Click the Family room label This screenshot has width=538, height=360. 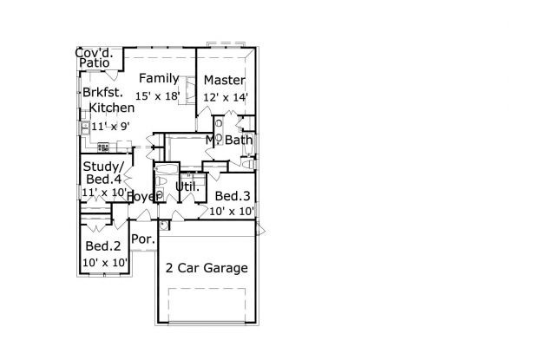(159, 79)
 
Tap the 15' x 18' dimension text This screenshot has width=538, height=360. (157, 96)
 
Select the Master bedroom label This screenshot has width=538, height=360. (225, 80)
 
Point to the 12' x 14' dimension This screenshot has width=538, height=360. (226, 97)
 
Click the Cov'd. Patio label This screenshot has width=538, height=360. (94, 57)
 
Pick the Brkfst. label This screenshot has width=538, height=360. (102, 92)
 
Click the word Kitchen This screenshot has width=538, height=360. (112, 108)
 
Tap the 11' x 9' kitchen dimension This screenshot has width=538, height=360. (110, 127)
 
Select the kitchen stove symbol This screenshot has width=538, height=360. (103, 147)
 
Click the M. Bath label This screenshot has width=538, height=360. (229, 140)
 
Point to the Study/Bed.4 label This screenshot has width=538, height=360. (103, 173)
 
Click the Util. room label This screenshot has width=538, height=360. (187, 187)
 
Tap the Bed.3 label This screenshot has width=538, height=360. (233, 196)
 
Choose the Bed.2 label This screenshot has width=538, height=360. (103, 245)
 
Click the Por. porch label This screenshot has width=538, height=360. (143, 239)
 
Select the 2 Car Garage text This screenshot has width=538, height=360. (207, 268)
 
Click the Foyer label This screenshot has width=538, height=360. (143, 197)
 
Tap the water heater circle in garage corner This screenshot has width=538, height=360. (164, 226)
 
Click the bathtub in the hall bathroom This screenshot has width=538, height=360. (167, 168)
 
